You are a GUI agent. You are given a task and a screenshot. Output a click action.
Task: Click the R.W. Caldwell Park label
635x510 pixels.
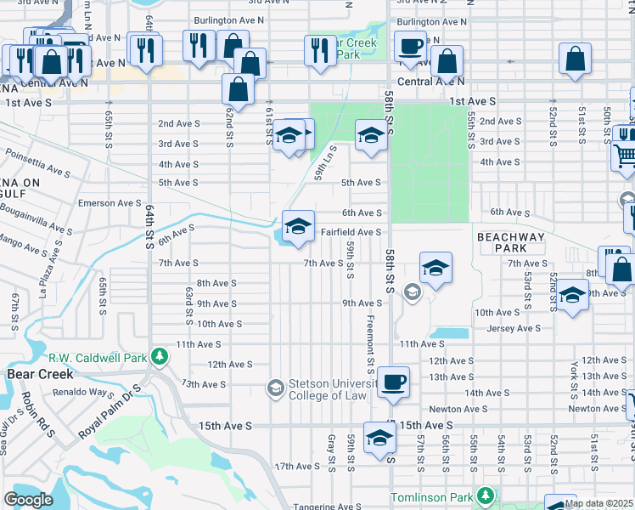coord(98,357)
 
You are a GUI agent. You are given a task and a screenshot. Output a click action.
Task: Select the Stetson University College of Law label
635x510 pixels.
coord(328,388)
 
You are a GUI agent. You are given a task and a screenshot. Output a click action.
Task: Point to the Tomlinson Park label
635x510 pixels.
coord(432,496)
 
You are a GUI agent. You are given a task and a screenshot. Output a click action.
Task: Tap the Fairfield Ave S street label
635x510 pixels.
coord(351,231)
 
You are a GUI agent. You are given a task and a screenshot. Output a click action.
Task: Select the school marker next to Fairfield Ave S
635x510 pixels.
coord(298,226)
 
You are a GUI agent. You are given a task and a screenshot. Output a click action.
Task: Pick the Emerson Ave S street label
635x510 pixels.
coord(110,203)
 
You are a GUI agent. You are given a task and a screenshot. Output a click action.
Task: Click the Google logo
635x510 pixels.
coord(29,500)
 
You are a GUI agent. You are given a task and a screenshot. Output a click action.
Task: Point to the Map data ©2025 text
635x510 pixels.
coord(598,503)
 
